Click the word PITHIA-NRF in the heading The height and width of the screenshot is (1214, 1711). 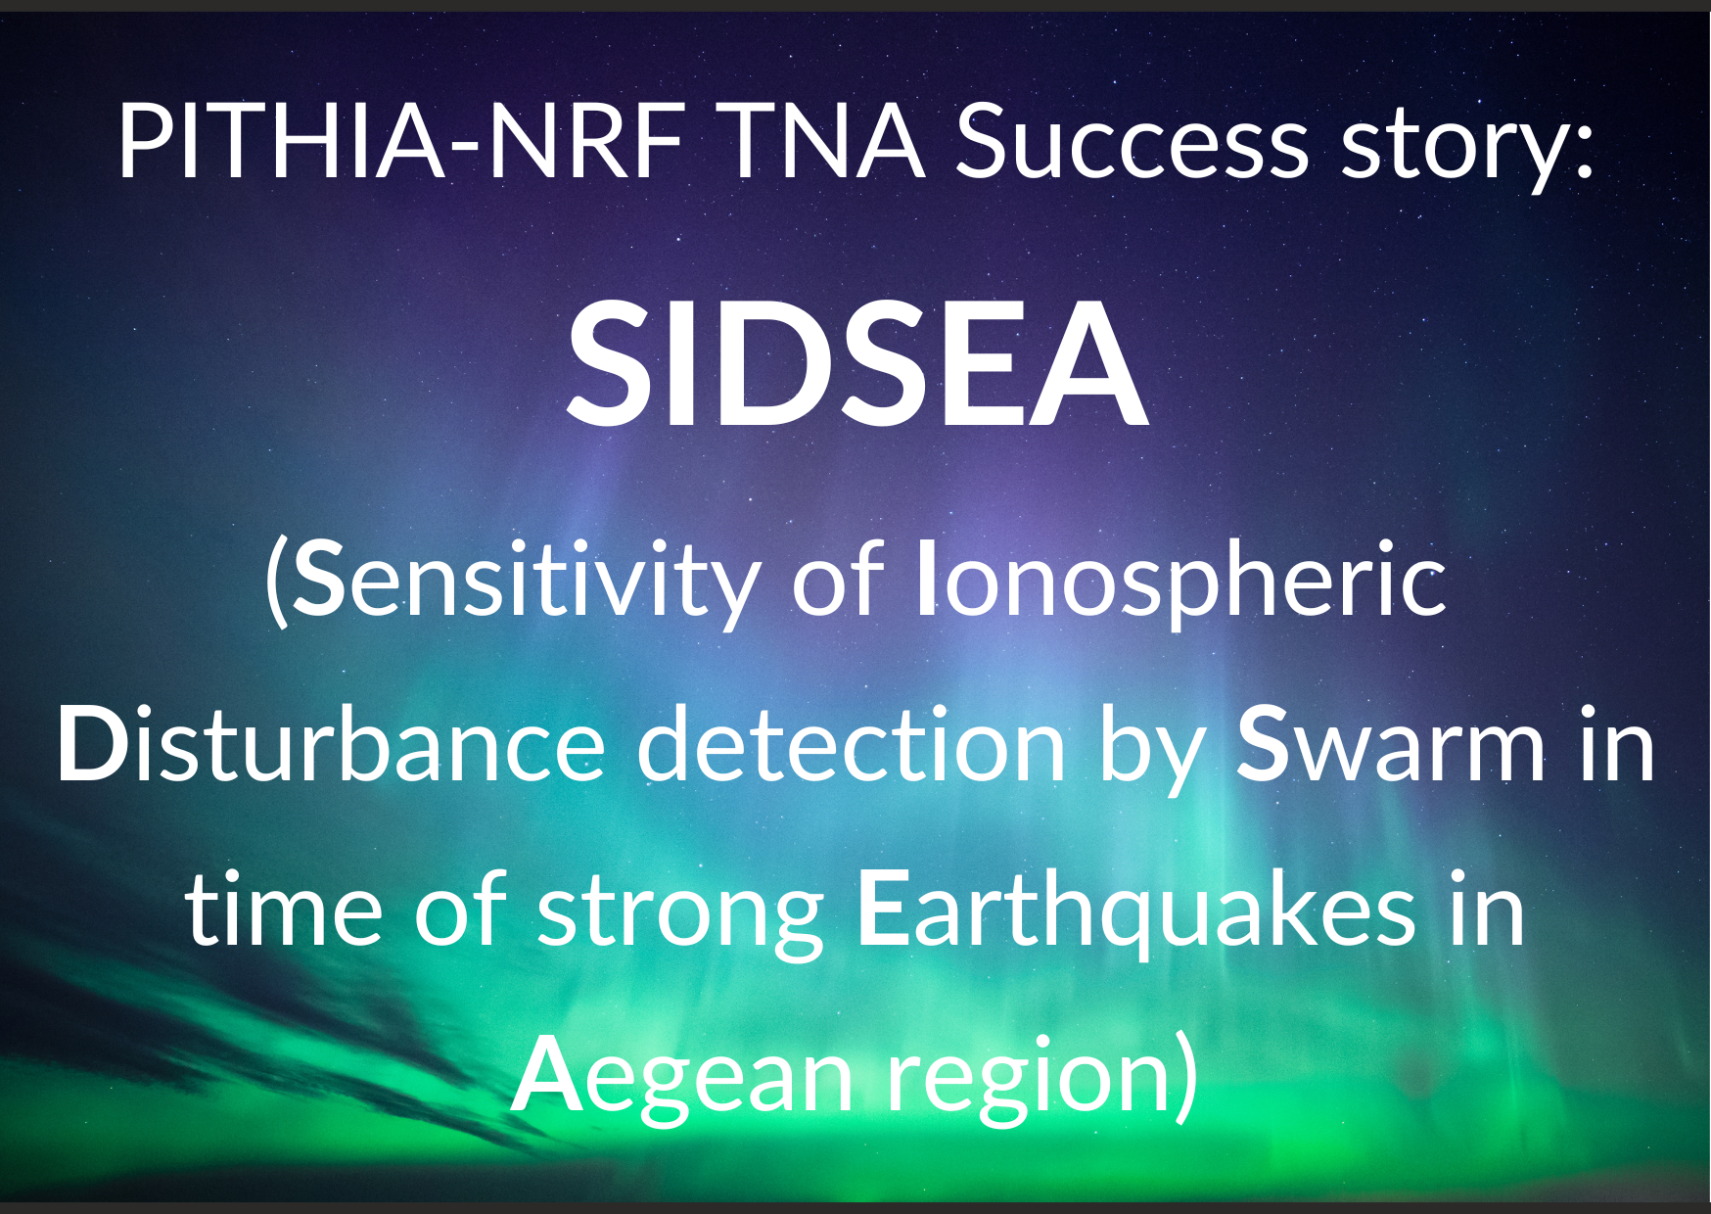[x=400, y=142]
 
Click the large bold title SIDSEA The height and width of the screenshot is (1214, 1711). [x=856, y=363]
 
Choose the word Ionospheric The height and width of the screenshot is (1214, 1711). [x=1181, y=584]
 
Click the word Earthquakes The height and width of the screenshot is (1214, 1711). [x=1136, y=912]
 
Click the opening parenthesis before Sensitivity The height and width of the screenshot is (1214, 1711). [x=277, y=584]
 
